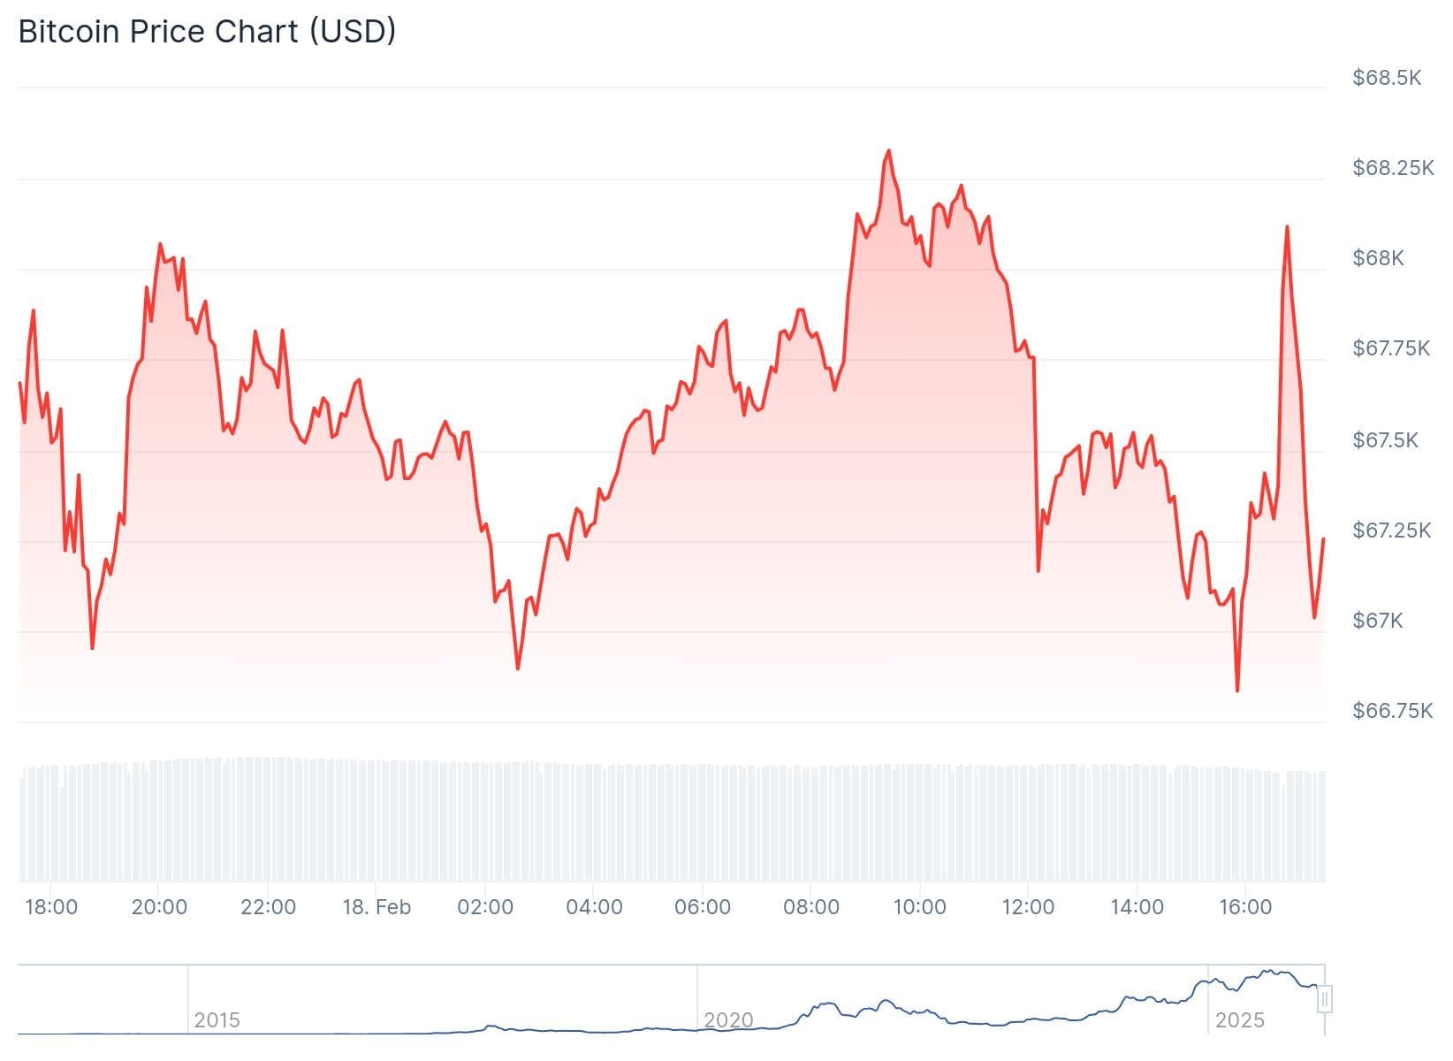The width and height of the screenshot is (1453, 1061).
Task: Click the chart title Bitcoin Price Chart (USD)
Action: [207, 32]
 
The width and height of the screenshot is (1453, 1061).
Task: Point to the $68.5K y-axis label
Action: [1386, 78]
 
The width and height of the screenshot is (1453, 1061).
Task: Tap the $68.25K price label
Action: [1392, 168]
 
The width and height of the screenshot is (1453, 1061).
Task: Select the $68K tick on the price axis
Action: [1377, 258]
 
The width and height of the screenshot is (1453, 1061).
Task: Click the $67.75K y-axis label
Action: [1390, 348]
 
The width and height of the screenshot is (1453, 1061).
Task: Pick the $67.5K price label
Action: [1384, 440]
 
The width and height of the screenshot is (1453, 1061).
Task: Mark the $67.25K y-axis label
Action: [1390, 530]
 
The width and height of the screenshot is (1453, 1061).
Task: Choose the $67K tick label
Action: [1377, 621]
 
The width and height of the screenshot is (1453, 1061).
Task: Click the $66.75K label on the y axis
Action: [1392, 711]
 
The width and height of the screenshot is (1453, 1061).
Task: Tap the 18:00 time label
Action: [51, 907]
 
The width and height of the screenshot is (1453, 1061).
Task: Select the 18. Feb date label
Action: [377, 907]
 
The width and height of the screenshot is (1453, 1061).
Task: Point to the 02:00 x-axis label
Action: [485, 907]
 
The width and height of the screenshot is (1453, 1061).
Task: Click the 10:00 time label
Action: [919, 907]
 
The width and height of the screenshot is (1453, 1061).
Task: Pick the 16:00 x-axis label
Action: [1244, 907]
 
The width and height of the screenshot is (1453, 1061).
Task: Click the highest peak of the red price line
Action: [888, 151]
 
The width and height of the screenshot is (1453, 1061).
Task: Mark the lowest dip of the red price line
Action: [1236, 691]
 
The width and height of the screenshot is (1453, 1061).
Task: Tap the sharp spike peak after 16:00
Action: [1286, 226]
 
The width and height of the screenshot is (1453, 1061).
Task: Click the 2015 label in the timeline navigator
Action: [217, 1020]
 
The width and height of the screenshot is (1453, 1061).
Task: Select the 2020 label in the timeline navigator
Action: [728, 1020]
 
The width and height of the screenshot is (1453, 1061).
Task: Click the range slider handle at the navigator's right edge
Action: [1324, 1000]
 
